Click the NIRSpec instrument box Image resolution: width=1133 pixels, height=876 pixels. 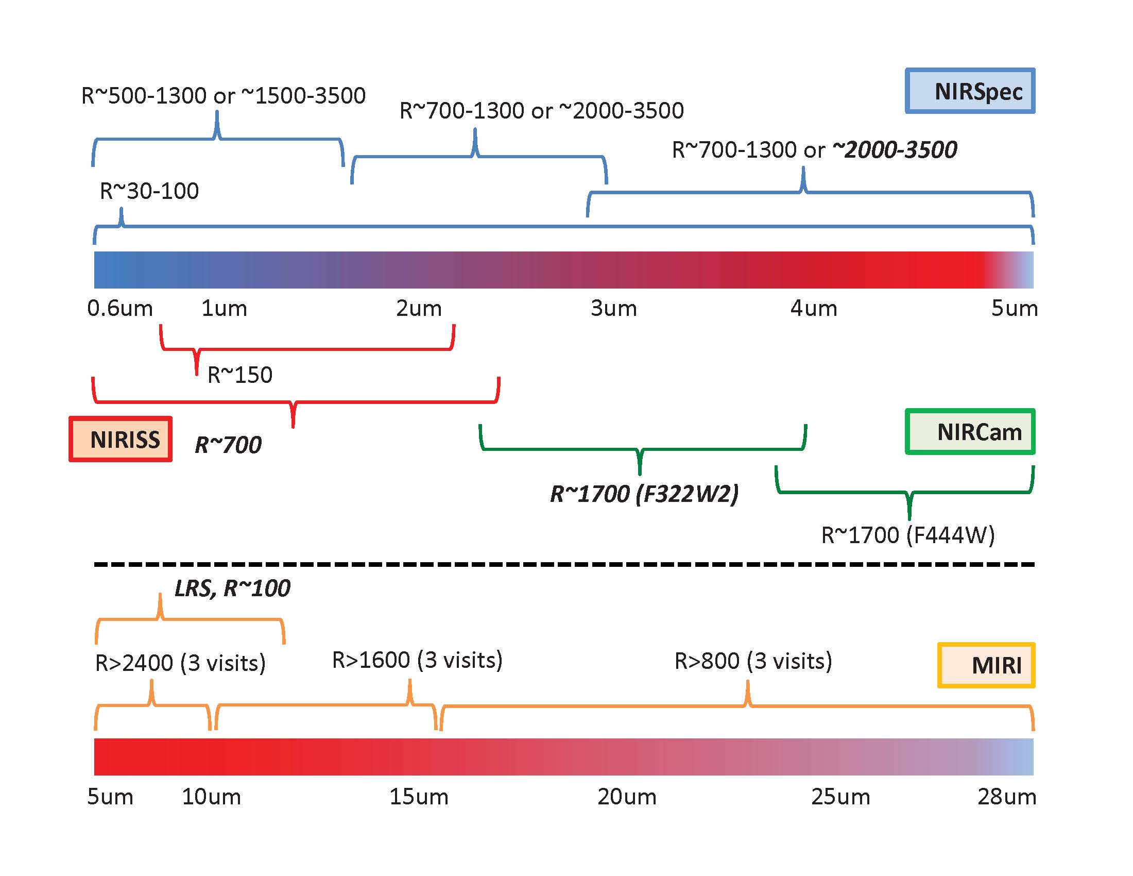click(x=970, y=91)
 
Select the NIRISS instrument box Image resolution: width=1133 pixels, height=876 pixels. click(x=121, y=439)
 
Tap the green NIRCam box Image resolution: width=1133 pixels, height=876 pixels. click(x=970, y=432)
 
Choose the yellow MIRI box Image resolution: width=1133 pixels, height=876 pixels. click(x=986, y=665)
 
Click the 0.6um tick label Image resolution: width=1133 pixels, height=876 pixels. click(x=120, y=308)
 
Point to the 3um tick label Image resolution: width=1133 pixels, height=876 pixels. click(x=613, y=308)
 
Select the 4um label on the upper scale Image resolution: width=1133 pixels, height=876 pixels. click(x=813, y=308)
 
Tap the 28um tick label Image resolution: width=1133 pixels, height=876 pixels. click(x=1006, y=797)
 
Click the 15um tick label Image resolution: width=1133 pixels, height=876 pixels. click(x=419, y=797)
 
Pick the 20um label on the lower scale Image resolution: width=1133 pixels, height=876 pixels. click(x=627, y=797)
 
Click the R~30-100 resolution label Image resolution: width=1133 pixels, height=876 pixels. click(x=149, y=191)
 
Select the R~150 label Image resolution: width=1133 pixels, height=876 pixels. click(x=239, y=375)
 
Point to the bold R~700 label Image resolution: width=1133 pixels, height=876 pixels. click(x=228, y=445)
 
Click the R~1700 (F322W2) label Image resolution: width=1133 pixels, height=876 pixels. click(x=644, y=494)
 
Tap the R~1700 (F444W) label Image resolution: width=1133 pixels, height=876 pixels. click(x=908, y=535)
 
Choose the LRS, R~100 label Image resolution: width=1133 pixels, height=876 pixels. click(x=232, y=588)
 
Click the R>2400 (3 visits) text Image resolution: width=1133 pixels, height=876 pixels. click(x=180, y=663)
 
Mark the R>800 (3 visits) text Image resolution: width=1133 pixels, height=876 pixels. click(x=753, y=661)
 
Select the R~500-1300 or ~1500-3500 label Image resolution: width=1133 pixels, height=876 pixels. click(x=224, y=96)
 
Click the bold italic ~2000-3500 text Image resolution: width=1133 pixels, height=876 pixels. click(x=895, y=150)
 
